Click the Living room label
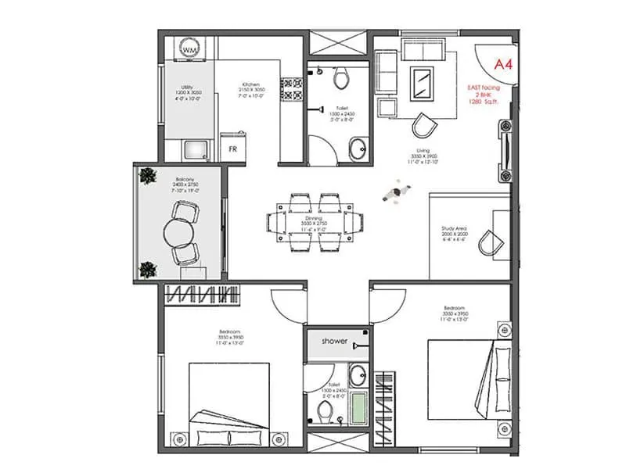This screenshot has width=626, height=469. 422,151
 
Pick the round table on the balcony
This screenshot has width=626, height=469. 178,231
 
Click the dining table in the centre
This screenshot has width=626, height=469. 318,222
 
